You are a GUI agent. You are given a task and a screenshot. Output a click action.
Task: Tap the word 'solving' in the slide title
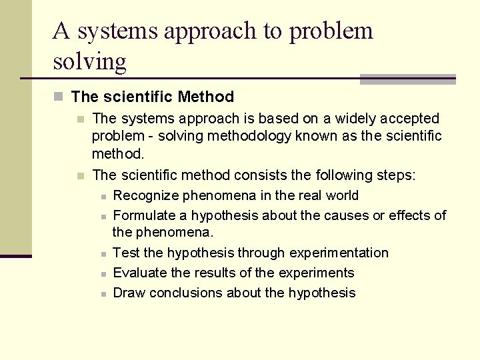coord(89,61)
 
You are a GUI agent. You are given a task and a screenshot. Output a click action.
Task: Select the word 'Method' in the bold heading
coord(206,97)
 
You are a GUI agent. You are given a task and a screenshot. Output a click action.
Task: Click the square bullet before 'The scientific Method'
coord(59,97)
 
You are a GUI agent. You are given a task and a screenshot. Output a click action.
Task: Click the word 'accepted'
coord(409,119)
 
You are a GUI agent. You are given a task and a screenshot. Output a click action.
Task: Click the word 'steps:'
coord(394,175)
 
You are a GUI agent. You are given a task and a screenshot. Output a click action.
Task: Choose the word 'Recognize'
coord(145,195)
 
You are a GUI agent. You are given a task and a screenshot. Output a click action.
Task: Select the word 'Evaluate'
coord(140,273)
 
